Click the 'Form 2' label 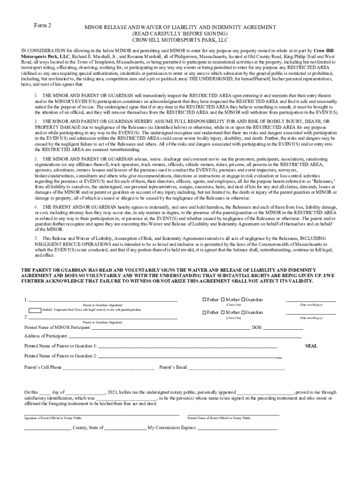point(43,25)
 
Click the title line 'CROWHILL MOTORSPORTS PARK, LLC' point(180,40)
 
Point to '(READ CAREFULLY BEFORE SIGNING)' point(180,34)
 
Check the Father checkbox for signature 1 point(204,300)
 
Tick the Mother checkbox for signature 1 point(223,300)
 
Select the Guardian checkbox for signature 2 point(242,312)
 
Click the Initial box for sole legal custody point(35,310)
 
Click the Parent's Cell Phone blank point(108,368)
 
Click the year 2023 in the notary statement point(112,392)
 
